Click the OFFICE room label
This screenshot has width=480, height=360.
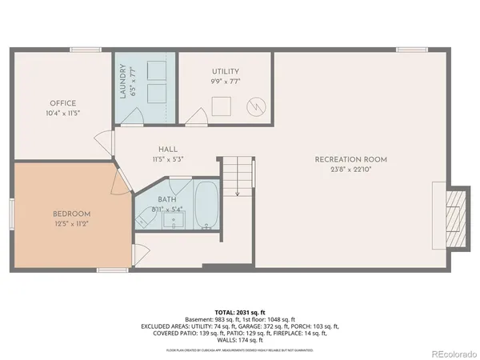pos(62,103)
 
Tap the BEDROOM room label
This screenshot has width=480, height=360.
pos(71,214)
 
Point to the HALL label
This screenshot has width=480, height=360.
pos(167,149)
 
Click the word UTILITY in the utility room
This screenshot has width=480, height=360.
pos(226,72)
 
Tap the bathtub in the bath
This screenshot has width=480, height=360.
pos(206,205)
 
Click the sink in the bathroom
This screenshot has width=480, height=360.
pos(174,220)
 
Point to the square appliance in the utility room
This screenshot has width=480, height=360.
pos(220,104)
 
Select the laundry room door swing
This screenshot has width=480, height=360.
pos(134,118)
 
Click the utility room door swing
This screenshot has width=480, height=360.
pos(194,118)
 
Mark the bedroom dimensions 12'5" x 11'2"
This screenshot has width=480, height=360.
pos(71,224)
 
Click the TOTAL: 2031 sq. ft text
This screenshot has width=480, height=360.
pos(239,310)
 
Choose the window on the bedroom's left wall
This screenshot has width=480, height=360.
pos(11,215)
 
